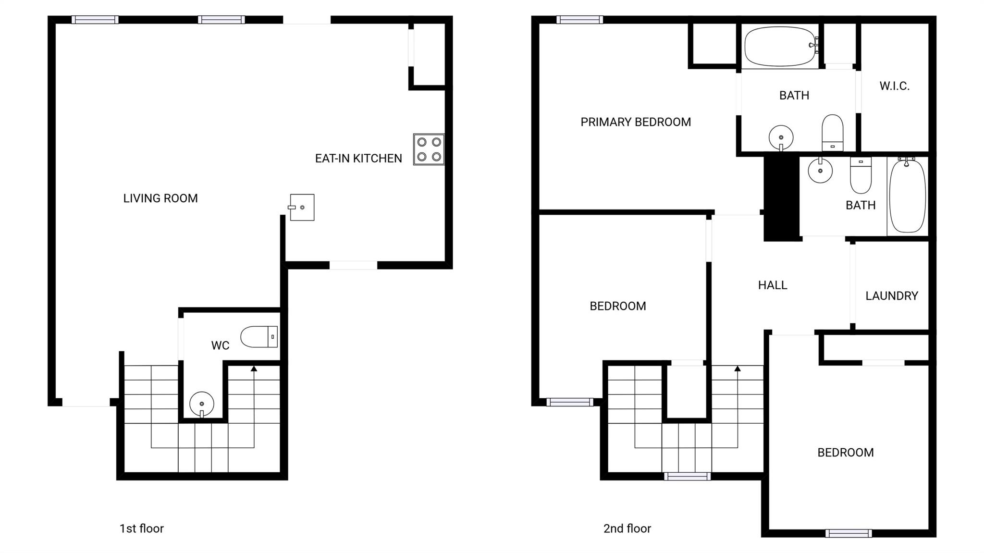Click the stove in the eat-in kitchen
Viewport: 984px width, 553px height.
tap(429, 149)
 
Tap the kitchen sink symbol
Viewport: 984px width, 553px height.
tap(301, 208)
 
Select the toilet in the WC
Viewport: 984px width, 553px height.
tap(259, 337)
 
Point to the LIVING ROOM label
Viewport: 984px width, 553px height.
tap(160, 198)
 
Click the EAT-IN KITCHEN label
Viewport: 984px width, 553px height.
tap(358, 159)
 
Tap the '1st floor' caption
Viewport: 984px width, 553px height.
tap(142, 528)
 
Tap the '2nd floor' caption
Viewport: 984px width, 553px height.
tap(627, 528)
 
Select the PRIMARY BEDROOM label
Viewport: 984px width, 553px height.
tap(636, 122)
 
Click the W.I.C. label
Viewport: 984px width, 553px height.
tap(895, 86)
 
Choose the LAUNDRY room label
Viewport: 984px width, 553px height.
tap(892, 296)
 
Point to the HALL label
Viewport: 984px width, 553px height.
tap(773, 285)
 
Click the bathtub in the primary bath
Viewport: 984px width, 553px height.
tap(781, 46)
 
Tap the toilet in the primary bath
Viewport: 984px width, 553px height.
tap(833, 133)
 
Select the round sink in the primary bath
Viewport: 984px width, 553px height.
tap(781, 138)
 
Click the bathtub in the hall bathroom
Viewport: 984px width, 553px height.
tap(908, 195)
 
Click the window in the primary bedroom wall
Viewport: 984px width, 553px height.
tap(579, 20)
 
